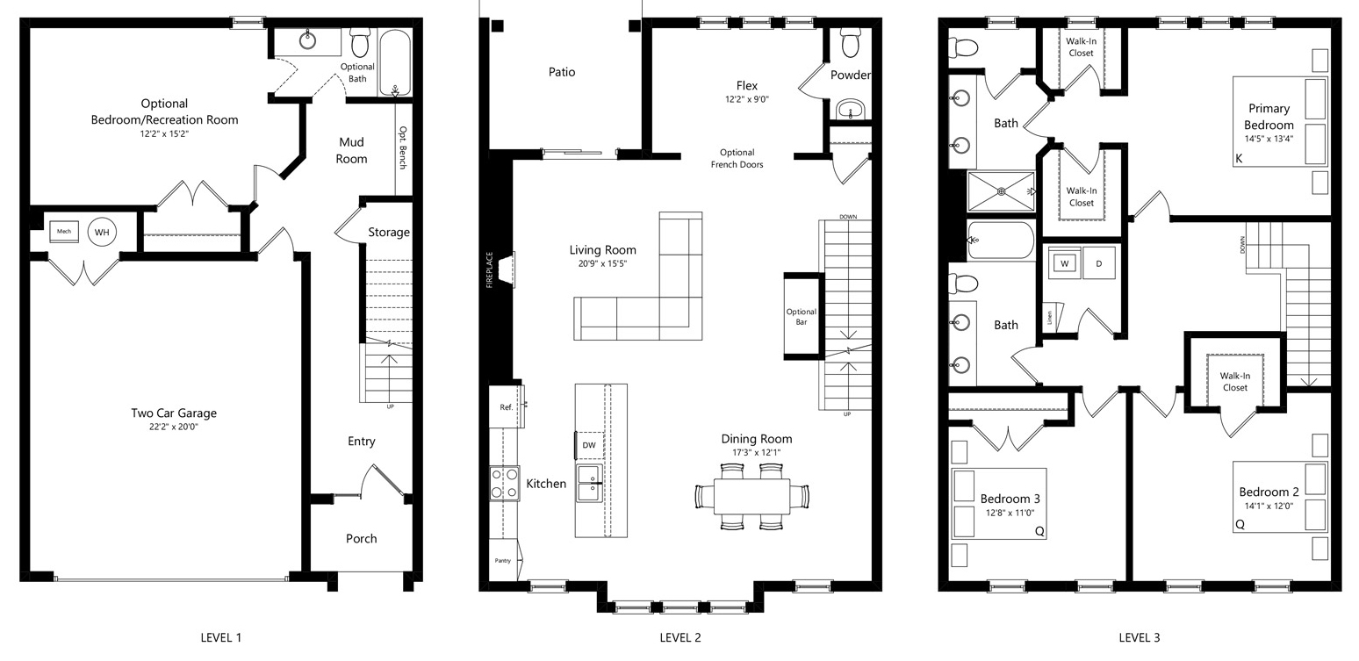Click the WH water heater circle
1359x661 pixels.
pos(102,233)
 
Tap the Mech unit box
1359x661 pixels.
pos(64,231)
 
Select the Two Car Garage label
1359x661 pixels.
pos(174,413)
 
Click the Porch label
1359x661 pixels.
pos(361,538)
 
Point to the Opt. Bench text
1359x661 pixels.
pos(403,147)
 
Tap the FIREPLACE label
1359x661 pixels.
pos(489,269)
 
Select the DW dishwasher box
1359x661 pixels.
pos(588,445)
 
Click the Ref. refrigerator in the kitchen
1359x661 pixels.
pos(507,407)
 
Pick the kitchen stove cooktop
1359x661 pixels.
pos(505,484)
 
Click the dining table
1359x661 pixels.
pos(751,497)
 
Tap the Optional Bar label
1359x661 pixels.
pos(802,317)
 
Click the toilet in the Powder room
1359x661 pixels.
pos(850,41)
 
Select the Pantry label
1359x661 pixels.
pos(502,560)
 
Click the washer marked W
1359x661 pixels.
pos(1064,263)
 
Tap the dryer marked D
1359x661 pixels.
pos(1099,263)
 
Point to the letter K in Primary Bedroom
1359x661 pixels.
pos(1239,158)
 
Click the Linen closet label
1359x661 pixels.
pos(1050,317)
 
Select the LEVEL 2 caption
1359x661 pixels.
pos(680,637)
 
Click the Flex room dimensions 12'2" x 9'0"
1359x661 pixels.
pos(747,99)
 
